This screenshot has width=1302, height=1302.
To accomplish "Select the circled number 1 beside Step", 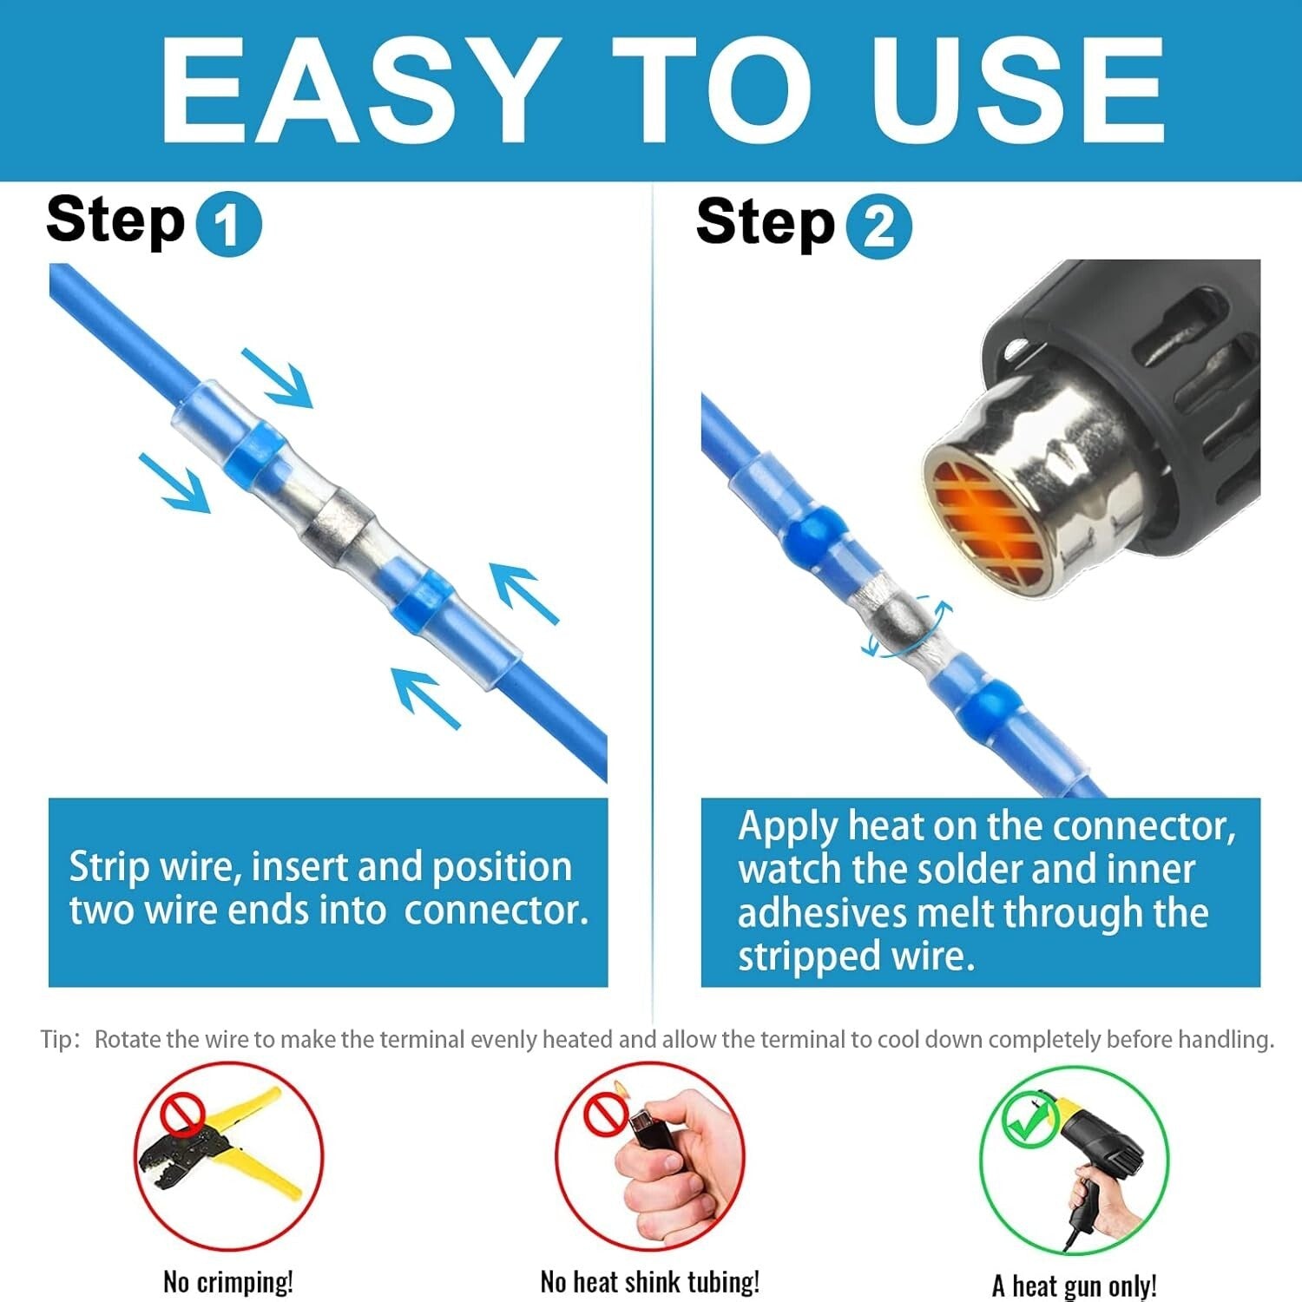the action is [x=228, y=226].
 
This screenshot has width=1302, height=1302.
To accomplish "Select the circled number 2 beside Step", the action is [x=878, y=227].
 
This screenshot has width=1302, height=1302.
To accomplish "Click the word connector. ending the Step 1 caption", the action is [x=496, y=910].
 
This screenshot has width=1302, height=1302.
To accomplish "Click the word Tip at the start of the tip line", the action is [x=57, y=1039].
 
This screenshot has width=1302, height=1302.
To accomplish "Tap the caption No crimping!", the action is [x=228, y=1282].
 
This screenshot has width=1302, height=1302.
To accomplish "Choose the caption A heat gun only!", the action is [x=1075, y=1285].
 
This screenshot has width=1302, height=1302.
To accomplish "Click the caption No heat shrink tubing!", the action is [x=650, y=1282].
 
